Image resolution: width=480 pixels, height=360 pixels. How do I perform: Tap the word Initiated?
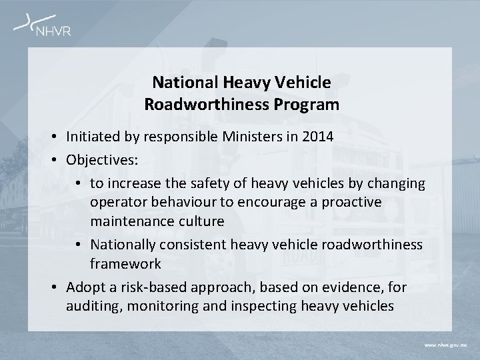(92, 137)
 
